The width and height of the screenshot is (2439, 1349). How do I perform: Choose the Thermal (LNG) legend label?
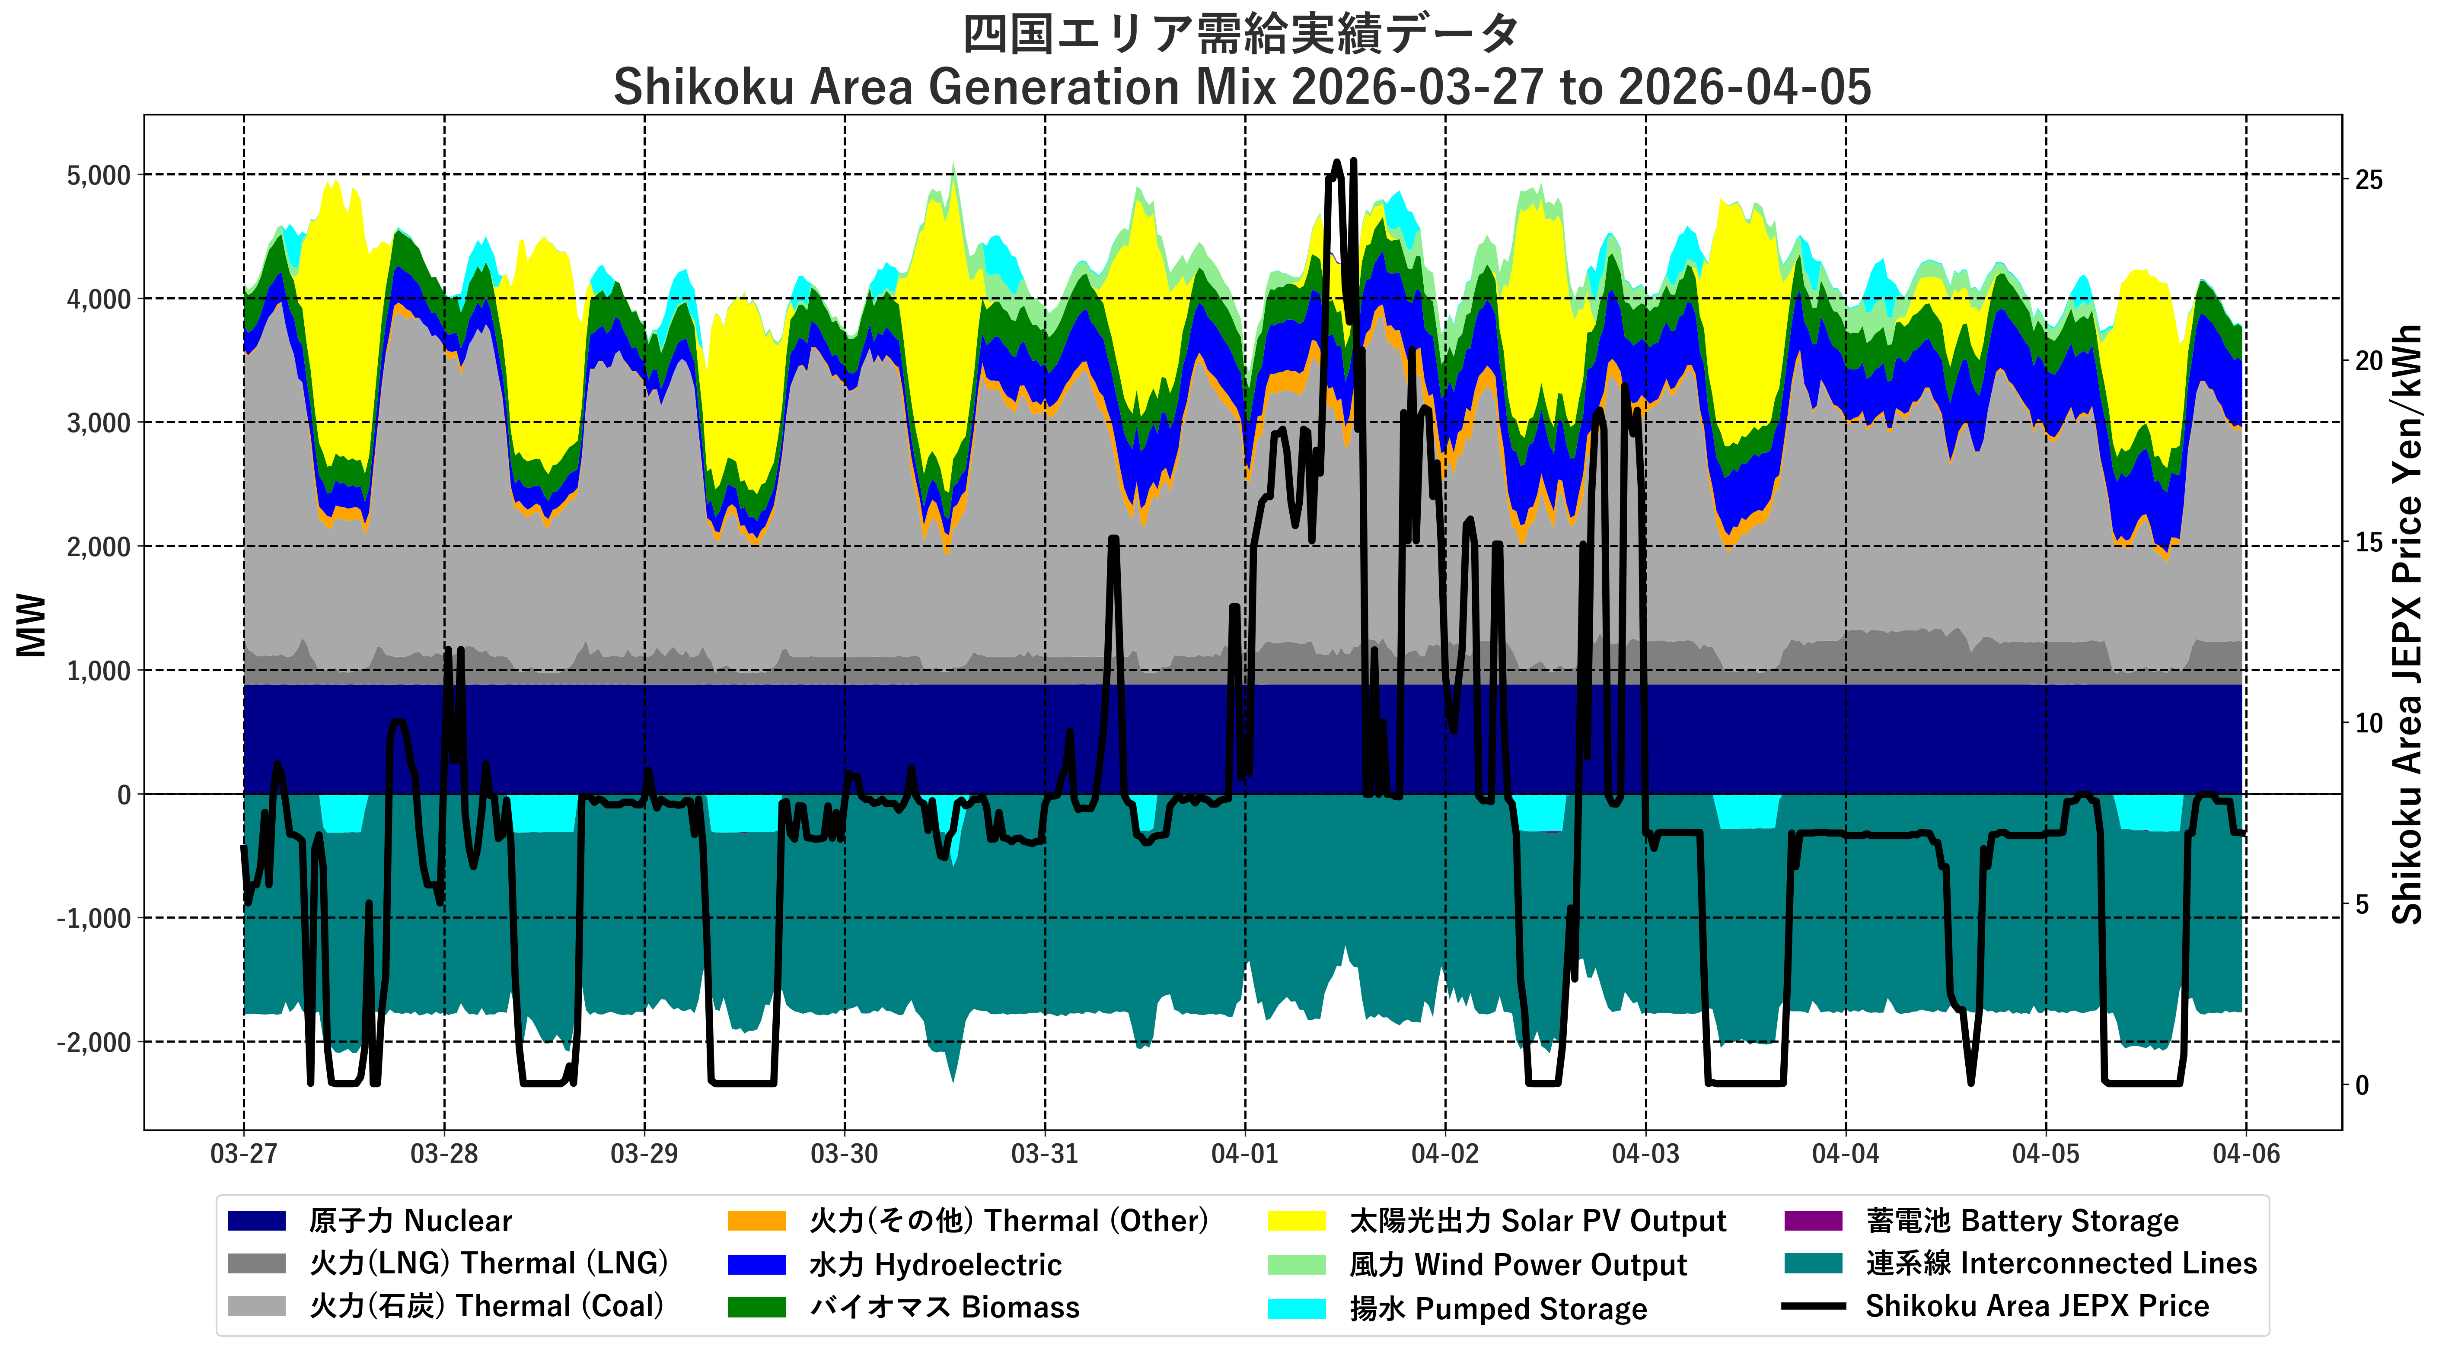coord(488,1264)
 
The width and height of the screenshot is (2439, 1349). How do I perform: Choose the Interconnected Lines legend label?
coord(2061,1264)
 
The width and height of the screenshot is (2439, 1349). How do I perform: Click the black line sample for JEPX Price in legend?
coord(1813,1306)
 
